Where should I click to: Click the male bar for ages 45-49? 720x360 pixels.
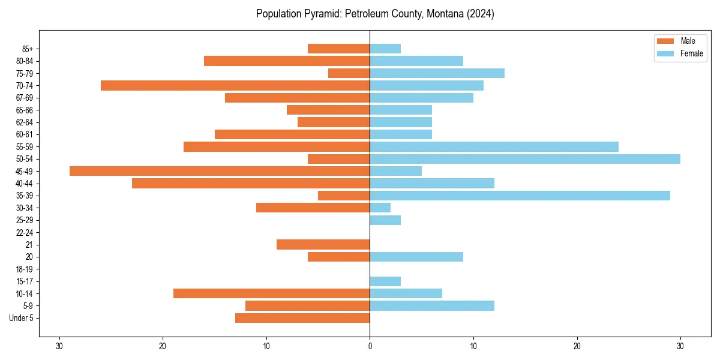220,171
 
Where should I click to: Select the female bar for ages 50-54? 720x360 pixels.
525,159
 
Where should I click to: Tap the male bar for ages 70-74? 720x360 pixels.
235,85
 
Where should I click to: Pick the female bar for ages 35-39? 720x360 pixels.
520,196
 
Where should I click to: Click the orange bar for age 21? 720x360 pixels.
323,244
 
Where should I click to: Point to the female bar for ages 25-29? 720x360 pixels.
385,220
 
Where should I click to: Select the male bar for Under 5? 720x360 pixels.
302,318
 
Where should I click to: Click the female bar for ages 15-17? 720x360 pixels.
385,281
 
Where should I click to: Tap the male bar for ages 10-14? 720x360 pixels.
271,293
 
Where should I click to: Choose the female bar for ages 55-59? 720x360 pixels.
494,146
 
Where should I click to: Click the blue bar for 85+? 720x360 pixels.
385,49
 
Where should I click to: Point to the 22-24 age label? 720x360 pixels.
25,233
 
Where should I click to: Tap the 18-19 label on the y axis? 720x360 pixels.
25,269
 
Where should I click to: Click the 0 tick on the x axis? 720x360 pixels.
370,346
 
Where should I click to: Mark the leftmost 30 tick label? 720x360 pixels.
59,346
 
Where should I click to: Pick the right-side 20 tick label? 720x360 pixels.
577,346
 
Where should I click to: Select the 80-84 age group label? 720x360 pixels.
25,61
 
